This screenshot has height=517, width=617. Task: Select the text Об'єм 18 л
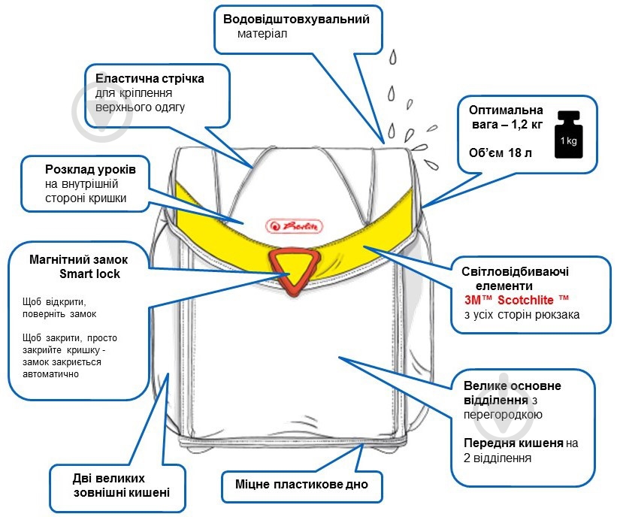(500, 153)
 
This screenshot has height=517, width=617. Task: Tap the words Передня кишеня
(512, 444)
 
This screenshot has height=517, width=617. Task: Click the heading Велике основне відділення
(510, 392)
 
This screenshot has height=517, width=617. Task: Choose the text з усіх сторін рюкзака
(521, 314)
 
